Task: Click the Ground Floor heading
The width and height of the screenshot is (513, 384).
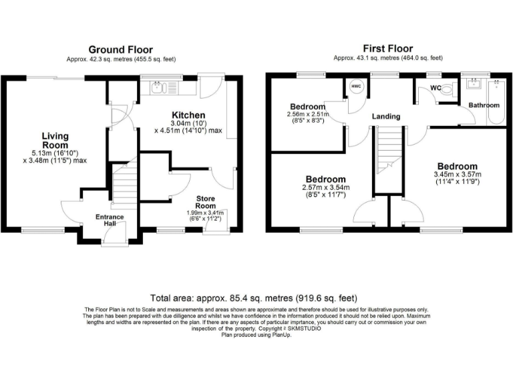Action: [x=121, y=50]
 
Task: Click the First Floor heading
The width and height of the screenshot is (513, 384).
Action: [x=387, y=49]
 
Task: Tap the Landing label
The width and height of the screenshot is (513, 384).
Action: [x=386, y=117]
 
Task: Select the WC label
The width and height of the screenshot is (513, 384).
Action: [x=436, y=88]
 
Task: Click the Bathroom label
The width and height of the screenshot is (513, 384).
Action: [x=484, y=105]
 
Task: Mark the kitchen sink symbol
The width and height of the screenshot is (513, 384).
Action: [x=158, y=87]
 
